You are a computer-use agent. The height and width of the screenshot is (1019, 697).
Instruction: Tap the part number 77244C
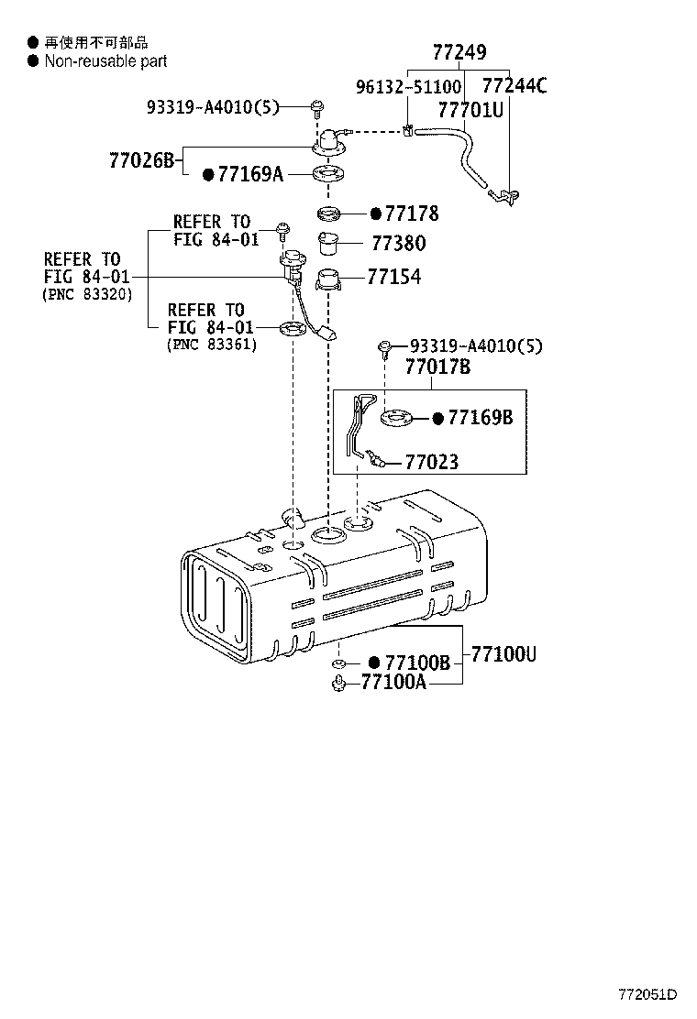pyautogui.click(x=514, y=87)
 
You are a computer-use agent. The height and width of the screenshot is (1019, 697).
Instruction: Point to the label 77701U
pyautogui.click(x=470, y=110)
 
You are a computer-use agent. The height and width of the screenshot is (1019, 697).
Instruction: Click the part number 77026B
pyautogui.click(x=141, y=160)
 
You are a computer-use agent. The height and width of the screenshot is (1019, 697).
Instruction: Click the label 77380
pyautogui.click(x=398, y=245)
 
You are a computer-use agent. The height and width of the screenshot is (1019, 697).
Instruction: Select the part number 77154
pyautogui.click(x=393, y=277)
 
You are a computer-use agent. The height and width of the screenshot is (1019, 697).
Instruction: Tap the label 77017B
pyautogui.click(x=437, y=367)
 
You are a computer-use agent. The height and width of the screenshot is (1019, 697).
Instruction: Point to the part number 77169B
pyautogui.click(x=479, y=418)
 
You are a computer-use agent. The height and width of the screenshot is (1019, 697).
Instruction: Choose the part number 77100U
pyautogui.click(x=503, y=654)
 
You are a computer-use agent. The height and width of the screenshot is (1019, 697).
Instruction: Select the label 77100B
pyautogui.click(x=417, y=663)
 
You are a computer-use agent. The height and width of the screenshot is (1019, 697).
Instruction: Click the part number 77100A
pyautogui.click(x=393, y=682)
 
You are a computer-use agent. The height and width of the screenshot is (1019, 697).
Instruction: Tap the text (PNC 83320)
pyautogui.click(x=87, y=295)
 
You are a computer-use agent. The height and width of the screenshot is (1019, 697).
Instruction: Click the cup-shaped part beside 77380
pyautogui.click(x=329, y=245)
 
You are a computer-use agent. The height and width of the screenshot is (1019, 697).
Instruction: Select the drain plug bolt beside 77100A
pyautogui.click(x=338, y=682)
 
